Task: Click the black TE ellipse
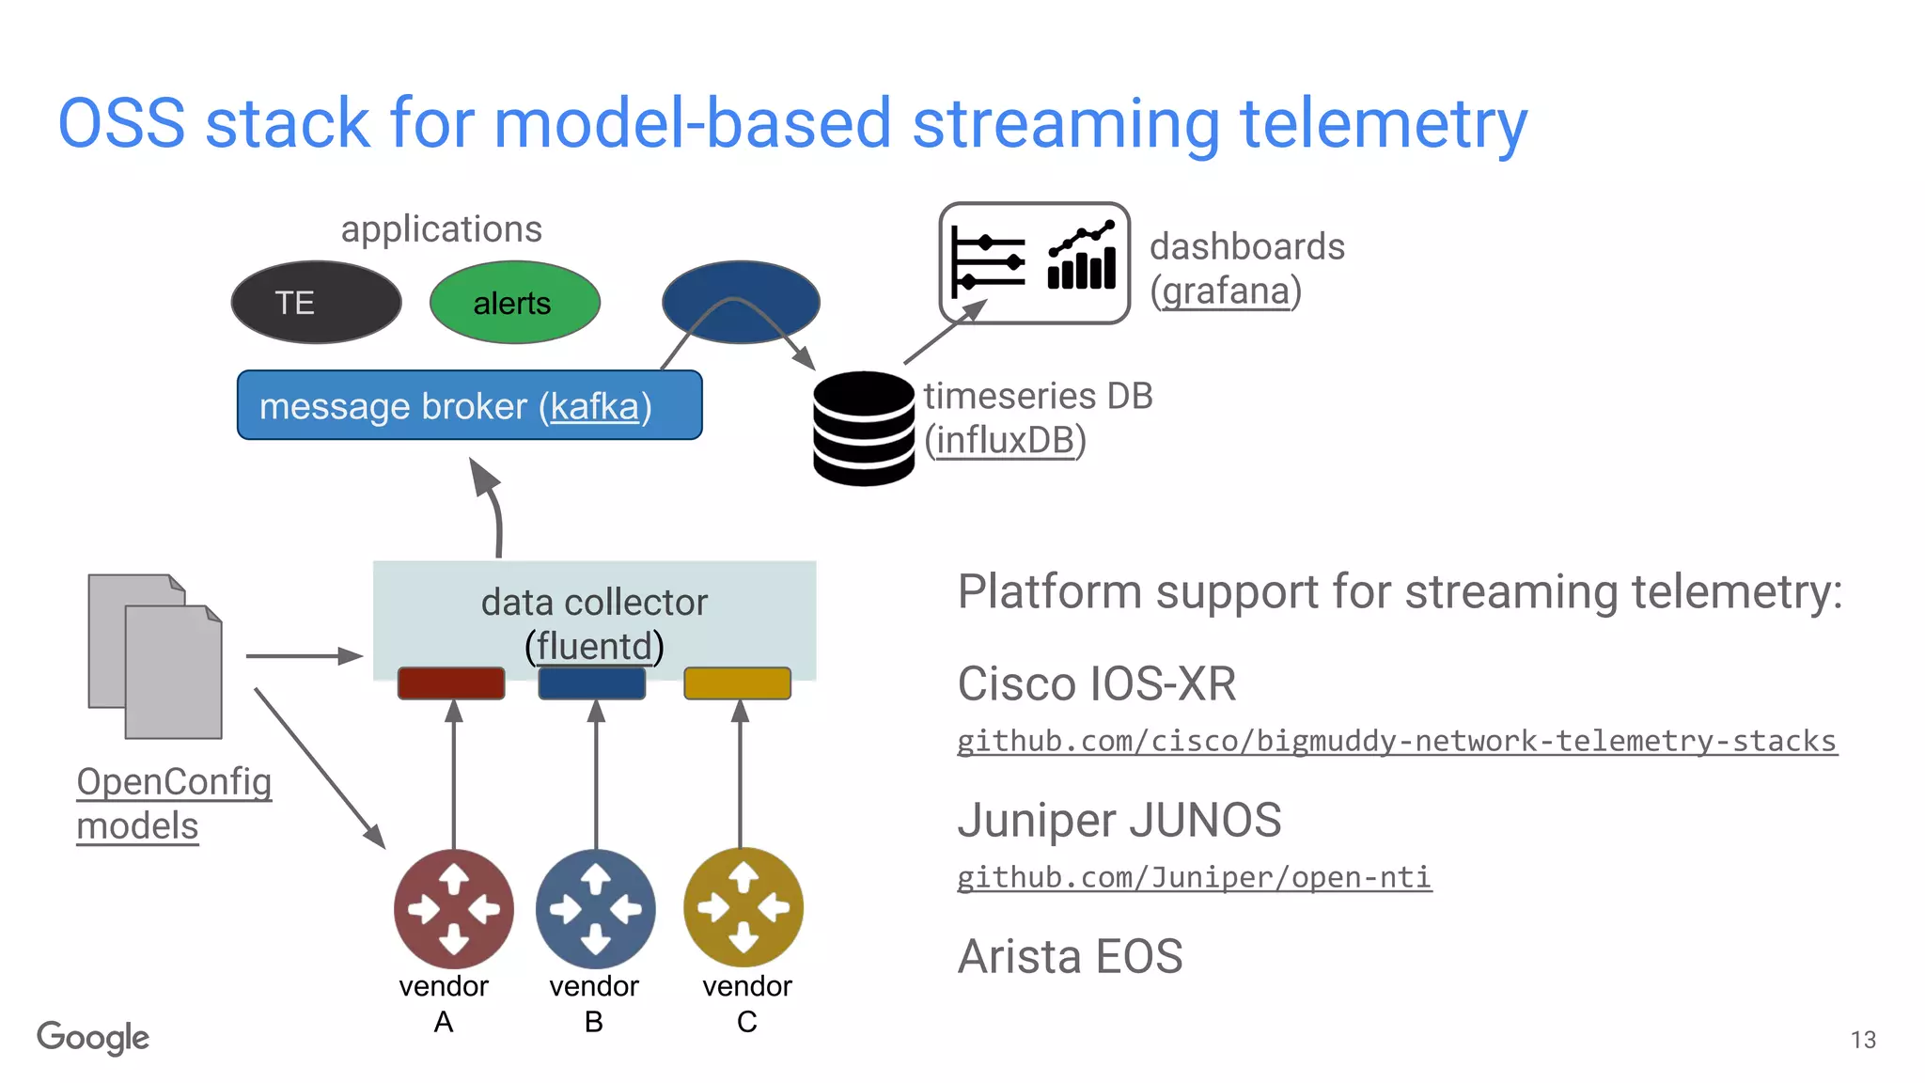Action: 316,303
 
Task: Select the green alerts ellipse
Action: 514,303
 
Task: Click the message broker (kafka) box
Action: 469,405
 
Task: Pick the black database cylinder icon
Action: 863,429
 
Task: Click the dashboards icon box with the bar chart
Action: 1034,263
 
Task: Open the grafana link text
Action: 1226,291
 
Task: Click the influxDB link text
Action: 1005,440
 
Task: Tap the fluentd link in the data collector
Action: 594,647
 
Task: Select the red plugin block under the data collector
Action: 451,683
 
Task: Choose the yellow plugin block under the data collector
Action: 737,683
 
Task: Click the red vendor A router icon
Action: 454,908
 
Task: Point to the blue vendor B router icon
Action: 596,908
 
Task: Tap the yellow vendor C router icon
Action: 743,907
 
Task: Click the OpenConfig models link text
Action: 174,804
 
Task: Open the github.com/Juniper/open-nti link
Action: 1194,877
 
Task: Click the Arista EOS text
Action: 1070,957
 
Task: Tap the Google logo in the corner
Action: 93,1038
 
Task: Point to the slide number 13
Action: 1863,1040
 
